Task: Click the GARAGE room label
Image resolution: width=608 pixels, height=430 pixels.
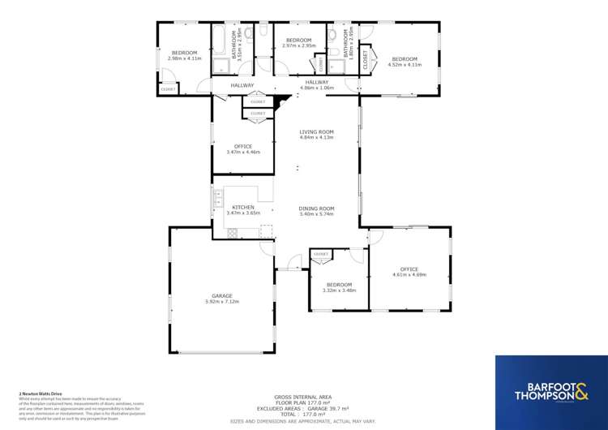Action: (x=222, y=295)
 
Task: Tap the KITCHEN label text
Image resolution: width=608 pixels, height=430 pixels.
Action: (x=243, y=207)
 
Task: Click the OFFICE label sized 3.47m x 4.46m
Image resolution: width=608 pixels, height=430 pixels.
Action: (x=242, y=146)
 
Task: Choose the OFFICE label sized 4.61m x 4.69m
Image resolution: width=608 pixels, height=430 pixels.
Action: (x=409, y=269)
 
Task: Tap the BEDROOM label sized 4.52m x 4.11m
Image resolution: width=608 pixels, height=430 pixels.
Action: (x=405, y=58)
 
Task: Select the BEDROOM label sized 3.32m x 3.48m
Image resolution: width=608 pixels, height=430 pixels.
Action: (x=339, y=284)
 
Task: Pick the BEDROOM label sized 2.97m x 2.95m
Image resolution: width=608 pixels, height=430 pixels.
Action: (x=298, y=40)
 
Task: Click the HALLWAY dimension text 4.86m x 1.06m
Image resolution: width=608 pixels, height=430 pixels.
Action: (x=317, y=88)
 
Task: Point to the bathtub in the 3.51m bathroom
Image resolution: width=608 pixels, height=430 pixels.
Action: (x=219, y=41)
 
